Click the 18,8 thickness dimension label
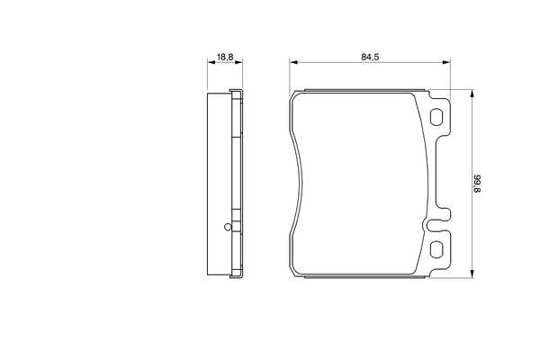click(x=225, y=57)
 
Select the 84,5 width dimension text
click(x=370, y=57)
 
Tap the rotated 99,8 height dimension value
click(x=478, y=184)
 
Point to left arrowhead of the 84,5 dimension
click(x=293, y=62)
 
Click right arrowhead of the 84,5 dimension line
click(x=446, y=62)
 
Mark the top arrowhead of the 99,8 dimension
click(x=472, y=94)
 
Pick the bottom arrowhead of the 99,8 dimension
click(x=472, y=274)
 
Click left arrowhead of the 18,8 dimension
click(x=211, y=62)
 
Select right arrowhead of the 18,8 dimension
click(x=238, y=62)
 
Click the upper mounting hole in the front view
click(x=436, y=117)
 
